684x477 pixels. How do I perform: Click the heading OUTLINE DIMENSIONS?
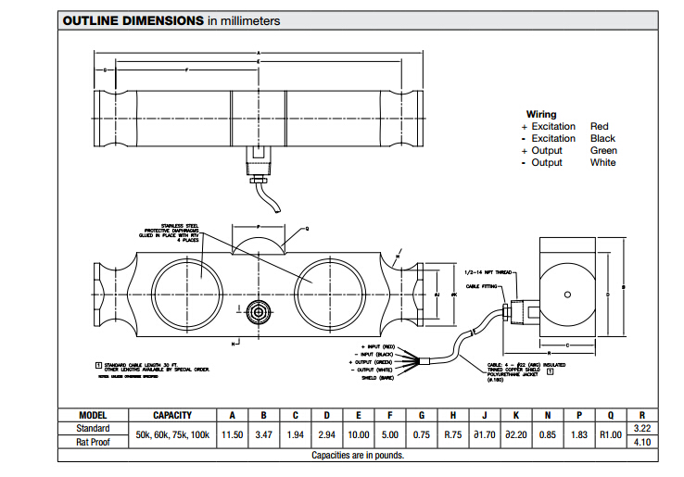pos(133,20)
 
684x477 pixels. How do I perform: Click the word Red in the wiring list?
pos(599,126)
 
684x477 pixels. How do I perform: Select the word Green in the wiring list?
pos(603,150)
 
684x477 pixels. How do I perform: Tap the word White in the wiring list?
pos(602,162)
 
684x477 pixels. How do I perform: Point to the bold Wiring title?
pos(541,114)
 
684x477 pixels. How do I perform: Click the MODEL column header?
pos(93,415)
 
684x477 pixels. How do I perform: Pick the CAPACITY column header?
pos(172,415)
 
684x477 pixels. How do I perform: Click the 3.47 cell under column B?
pos(263,434)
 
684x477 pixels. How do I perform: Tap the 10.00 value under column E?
pos(359,434)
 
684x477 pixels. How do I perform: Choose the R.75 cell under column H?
pos(453,434)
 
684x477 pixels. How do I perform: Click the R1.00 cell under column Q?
pos(610,434)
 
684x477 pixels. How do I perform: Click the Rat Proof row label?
pos(93,442)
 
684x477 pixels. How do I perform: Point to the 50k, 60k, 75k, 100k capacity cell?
pos(172,434)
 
